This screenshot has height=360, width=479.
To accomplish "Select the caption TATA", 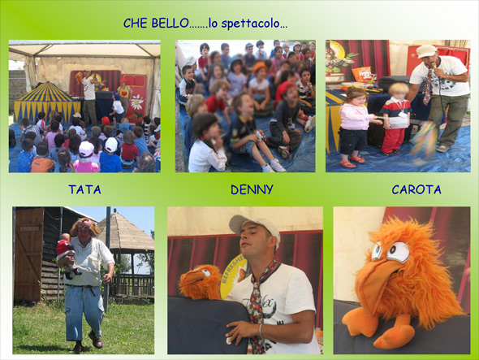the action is [84, 189].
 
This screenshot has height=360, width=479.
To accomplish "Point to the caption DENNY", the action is [252, 189].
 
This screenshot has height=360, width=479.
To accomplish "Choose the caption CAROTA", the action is [416, 189].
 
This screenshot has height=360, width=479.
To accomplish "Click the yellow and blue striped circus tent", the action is [45, 101].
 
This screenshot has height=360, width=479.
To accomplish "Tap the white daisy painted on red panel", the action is [137, 102].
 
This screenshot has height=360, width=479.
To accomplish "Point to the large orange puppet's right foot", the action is [394, 333].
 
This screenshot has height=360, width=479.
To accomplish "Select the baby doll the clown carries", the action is [67, 253].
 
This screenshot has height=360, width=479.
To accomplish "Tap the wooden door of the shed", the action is [28, 254].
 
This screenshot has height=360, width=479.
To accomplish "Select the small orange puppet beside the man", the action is [201, 281].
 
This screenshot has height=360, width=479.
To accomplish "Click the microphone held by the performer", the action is [434, 65].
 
